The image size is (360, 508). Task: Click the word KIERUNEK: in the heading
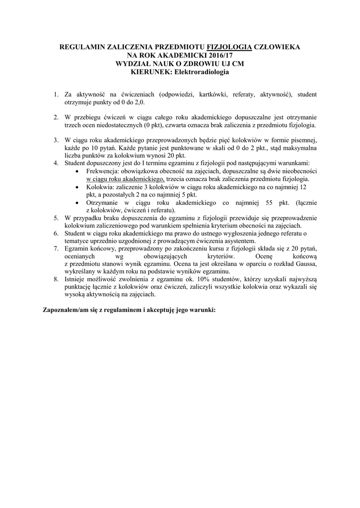[x=147, y=72]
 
